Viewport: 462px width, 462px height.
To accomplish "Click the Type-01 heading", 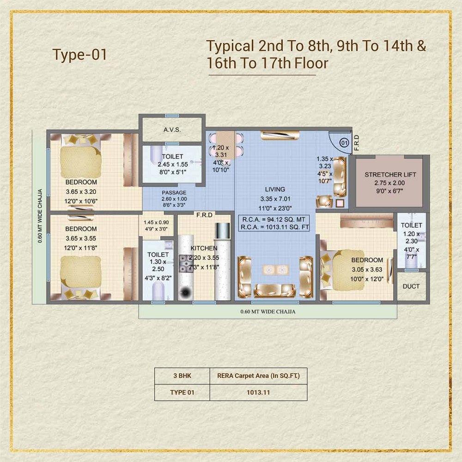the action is tap(79, 55).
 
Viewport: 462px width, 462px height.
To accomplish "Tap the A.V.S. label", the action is tap(172, 129).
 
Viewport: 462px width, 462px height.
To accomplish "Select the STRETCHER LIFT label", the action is tap(390, 174).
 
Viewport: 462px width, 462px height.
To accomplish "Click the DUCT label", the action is tap(411, 286).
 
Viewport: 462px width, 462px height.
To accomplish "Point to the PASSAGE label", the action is tap(174, 192).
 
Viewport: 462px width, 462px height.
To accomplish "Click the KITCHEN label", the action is tap(204, 248).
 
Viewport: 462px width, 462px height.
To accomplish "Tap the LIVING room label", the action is tap(275, 189).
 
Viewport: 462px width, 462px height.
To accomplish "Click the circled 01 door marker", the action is tap(344, 143).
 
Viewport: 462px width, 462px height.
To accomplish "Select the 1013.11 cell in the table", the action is tap(258, 392).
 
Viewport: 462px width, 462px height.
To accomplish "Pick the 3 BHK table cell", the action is tap(182, 376).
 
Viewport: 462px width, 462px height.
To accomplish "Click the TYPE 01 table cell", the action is tap(182, 392).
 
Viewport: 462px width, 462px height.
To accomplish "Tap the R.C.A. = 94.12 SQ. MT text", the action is tap(274, 220).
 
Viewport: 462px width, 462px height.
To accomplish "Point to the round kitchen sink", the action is tap(185, 292).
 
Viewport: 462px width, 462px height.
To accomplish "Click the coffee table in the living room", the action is tap(276, 270).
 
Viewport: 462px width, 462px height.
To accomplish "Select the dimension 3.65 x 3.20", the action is tap(81, 191).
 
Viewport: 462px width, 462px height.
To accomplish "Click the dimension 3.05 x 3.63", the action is tap(367, 269).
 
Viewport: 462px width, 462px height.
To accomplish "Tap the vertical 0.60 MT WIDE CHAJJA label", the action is tap(40, 216).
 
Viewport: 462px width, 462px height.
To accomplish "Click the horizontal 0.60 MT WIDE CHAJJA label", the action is tap(268, 312).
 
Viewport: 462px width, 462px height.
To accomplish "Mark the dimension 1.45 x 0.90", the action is tap(156, 222).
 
